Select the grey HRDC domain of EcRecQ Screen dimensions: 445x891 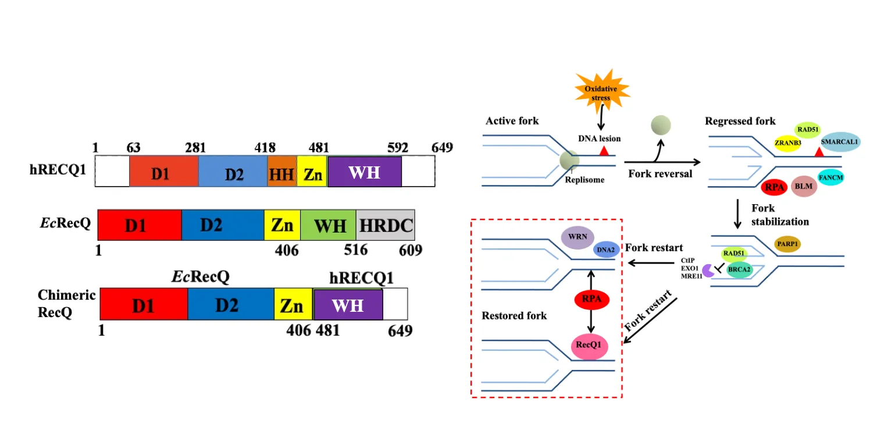tap(385, 225)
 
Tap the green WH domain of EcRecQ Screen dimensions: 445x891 tap(328, 225)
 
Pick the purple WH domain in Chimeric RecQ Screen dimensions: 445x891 tap(348, 304)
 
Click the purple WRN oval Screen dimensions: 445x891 tap(578, 238)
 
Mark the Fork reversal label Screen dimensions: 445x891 tap(661, 173)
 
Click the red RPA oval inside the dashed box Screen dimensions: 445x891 tap(591, 300)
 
